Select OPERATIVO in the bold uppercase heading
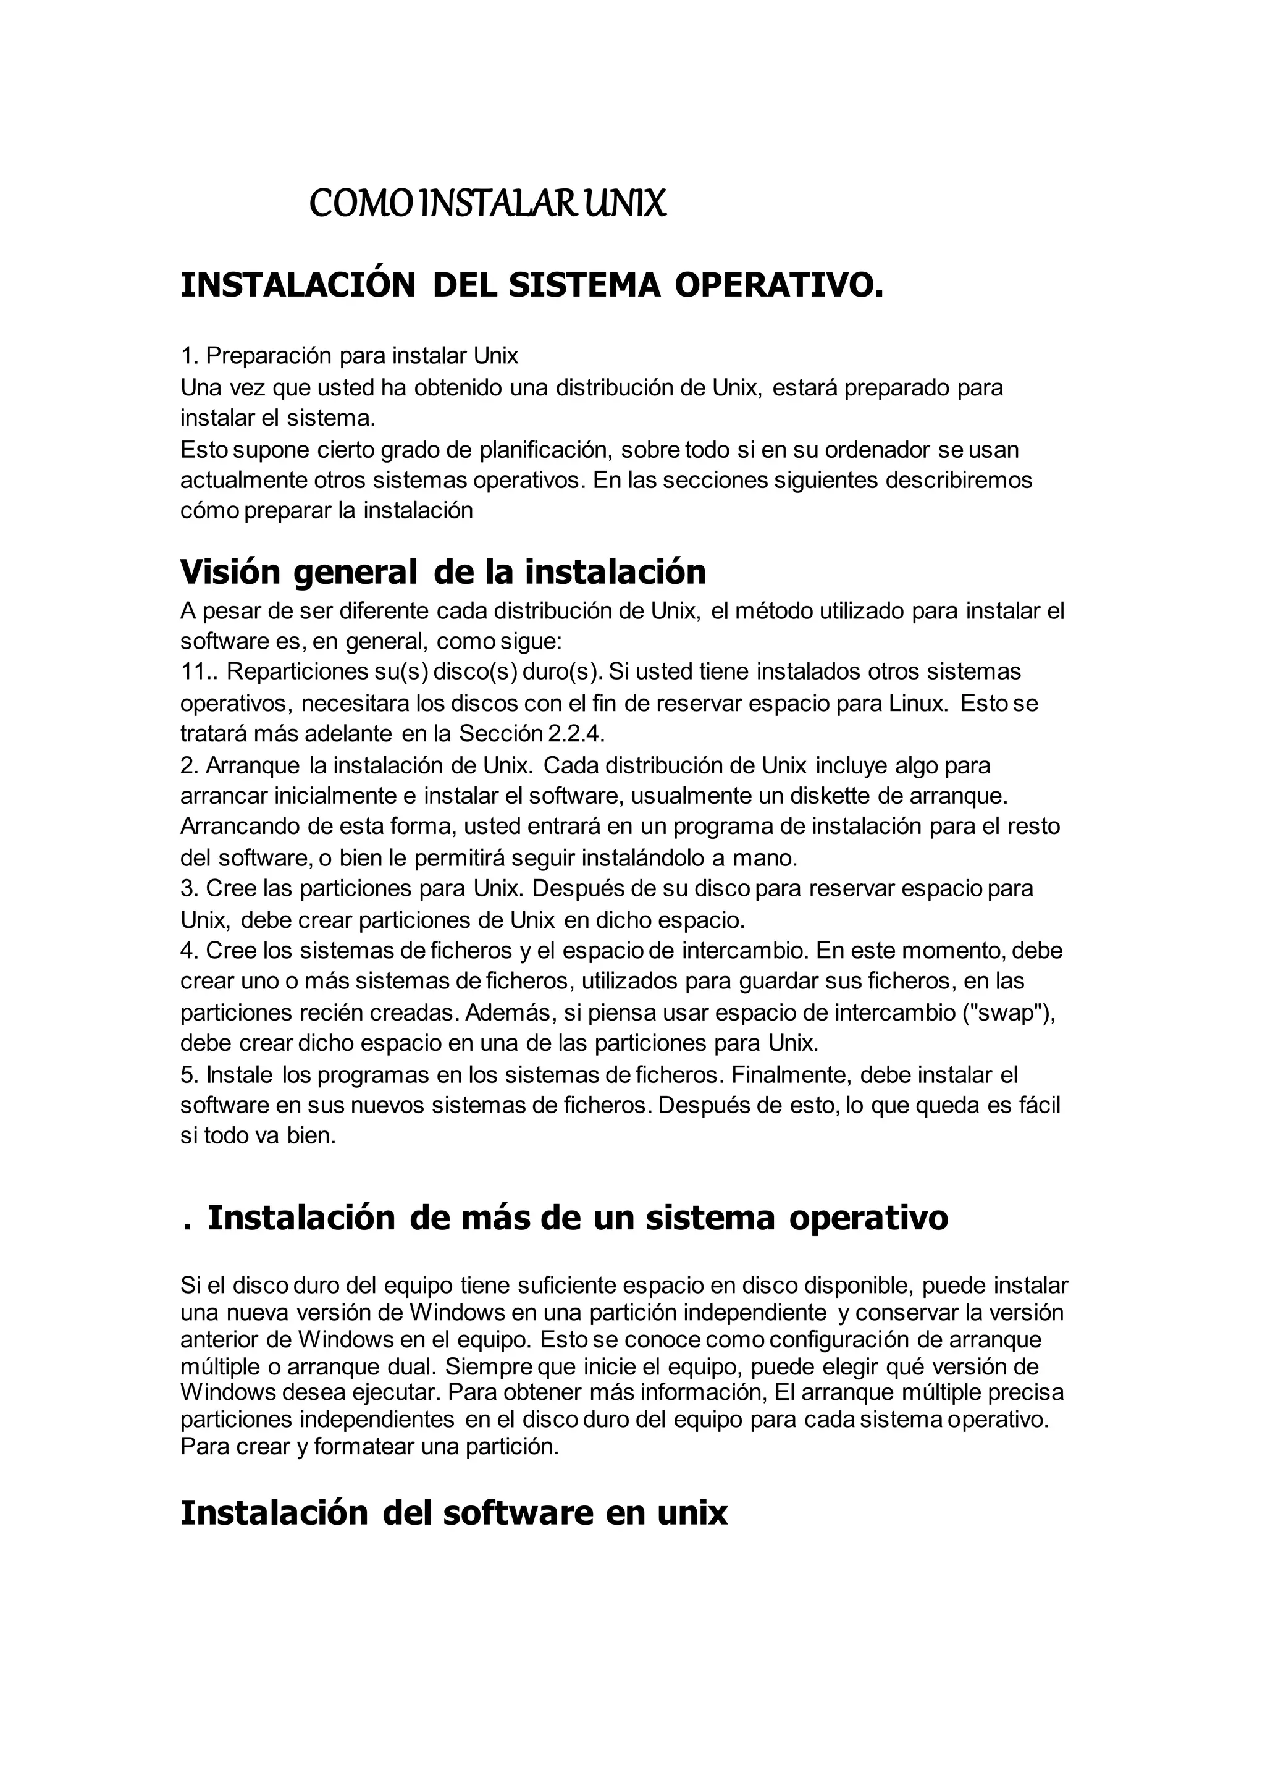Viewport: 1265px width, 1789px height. click(x=779, y=286)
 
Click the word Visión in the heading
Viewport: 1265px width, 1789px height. click(x=230, y=572)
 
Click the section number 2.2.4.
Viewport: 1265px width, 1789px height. click(x=571, y=734)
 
